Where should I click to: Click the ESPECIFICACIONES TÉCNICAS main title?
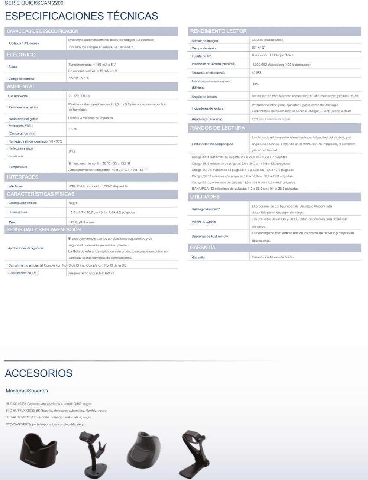(x=81, y=16)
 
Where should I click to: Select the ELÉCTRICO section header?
(x=21, y=55)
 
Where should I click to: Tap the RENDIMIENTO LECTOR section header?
(x=218, y=31)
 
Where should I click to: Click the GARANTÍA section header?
(x=203, y=248)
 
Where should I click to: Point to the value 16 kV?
(x=73, y=129)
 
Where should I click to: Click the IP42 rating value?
(x=72, y=151)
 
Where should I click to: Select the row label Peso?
(x=13, y=222)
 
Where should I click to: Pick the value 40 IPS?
(x=256, y=73)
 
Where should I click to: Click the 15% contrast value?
(x=255, y=84)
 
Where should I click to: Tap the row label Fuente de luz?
(x=201, y=56)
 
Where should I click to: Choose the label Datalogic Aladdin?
(x=206, y=209)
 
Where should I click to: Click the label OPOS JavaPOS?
(x=203, y=222)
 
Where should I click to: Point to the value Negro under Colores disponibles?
(x=73, y=203)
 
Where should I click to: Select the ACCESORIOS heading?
(x=39, y=373)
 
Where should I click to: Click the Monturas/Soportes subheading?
(x=27, y=391)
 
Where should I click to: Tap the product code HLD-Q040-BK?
(x=16, y=404)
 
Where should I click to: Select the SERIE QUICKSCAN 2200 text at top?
(x=34, y=3)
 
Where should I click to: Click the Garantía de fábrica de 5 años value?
(x=273, y=257)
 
